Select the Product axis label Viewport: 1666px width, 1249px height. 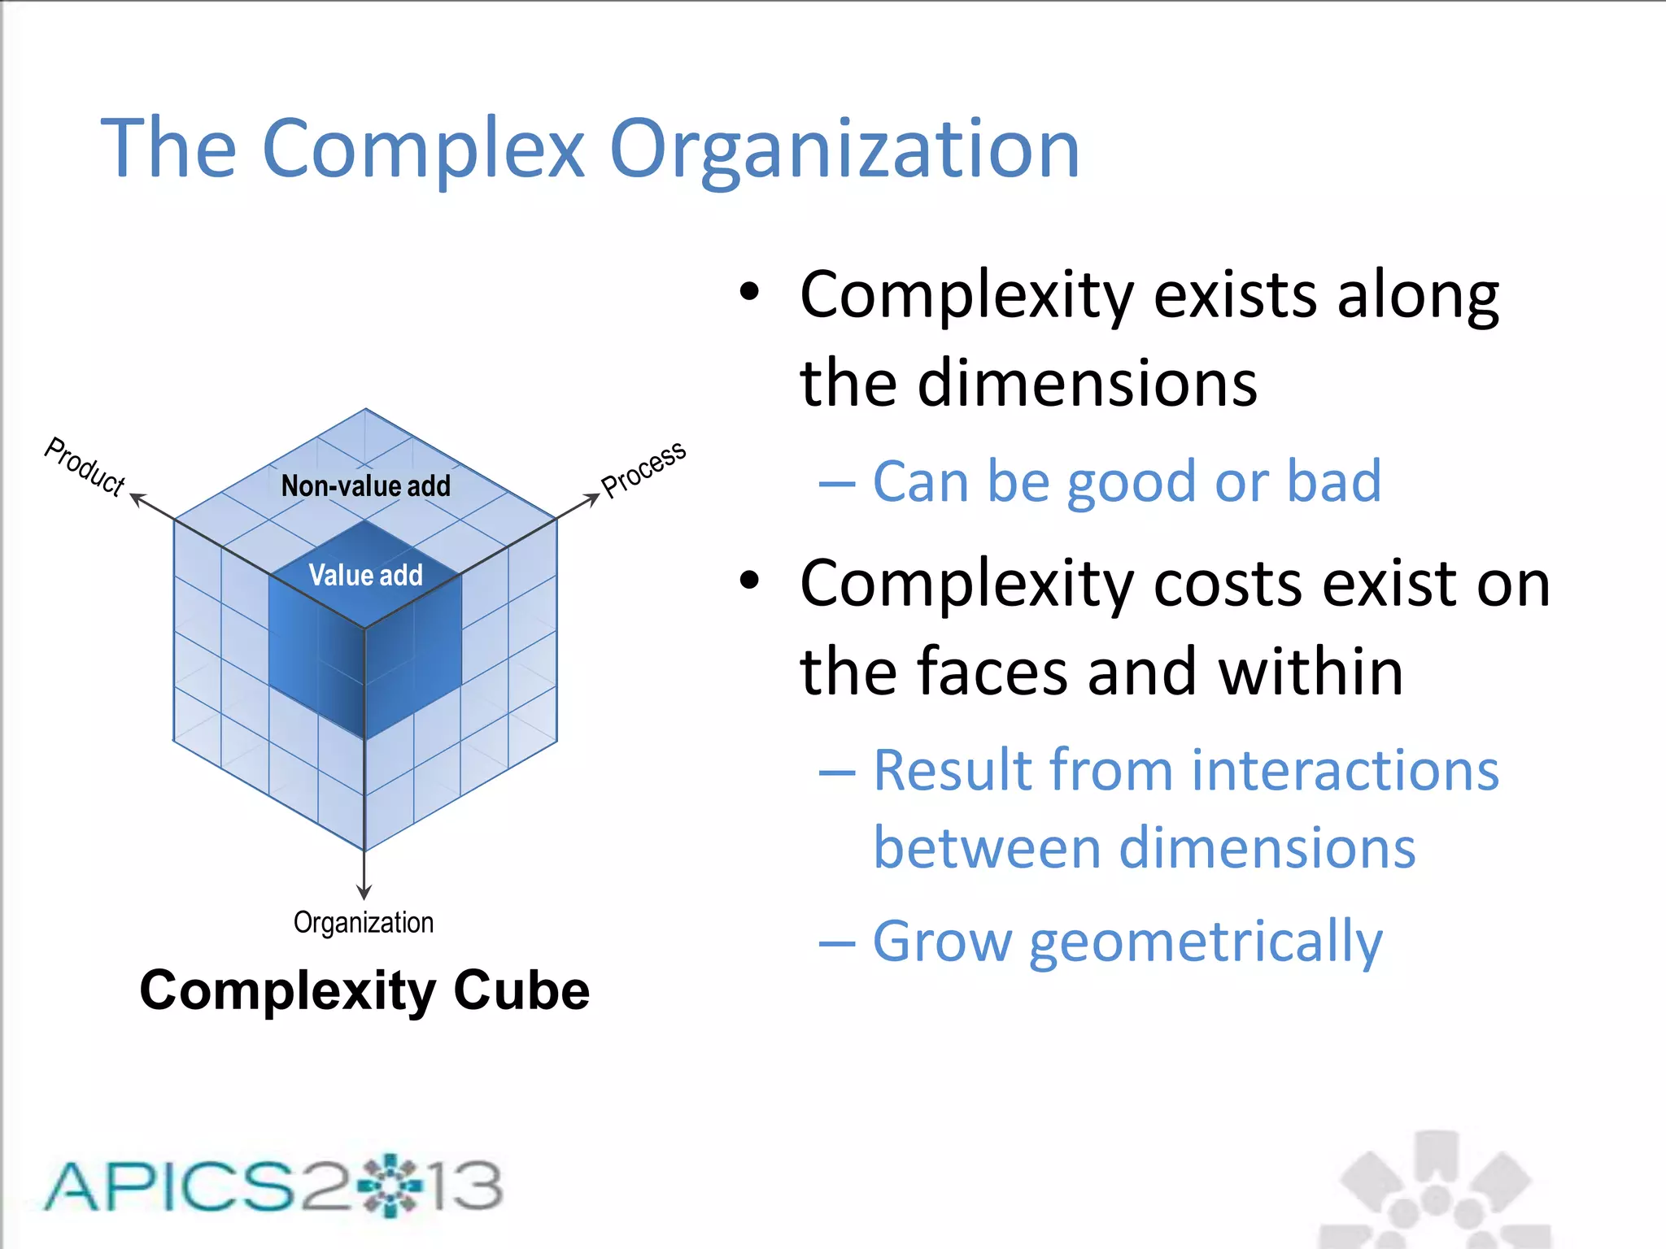85,466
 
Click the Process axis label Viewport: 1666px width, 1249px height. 643,469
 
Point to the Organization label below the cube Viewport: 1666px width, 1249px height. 364,923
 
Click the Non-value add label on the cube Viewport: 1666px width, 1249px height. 365,486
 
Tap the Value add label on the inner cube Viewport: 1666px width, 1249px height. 365,576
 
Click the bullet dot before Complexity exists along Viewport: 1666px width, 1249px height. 749,292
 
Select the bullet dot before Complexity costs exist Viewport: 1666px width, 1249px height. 749,581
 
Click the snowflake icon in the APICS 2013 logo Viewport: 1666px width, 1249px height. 390,1186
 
